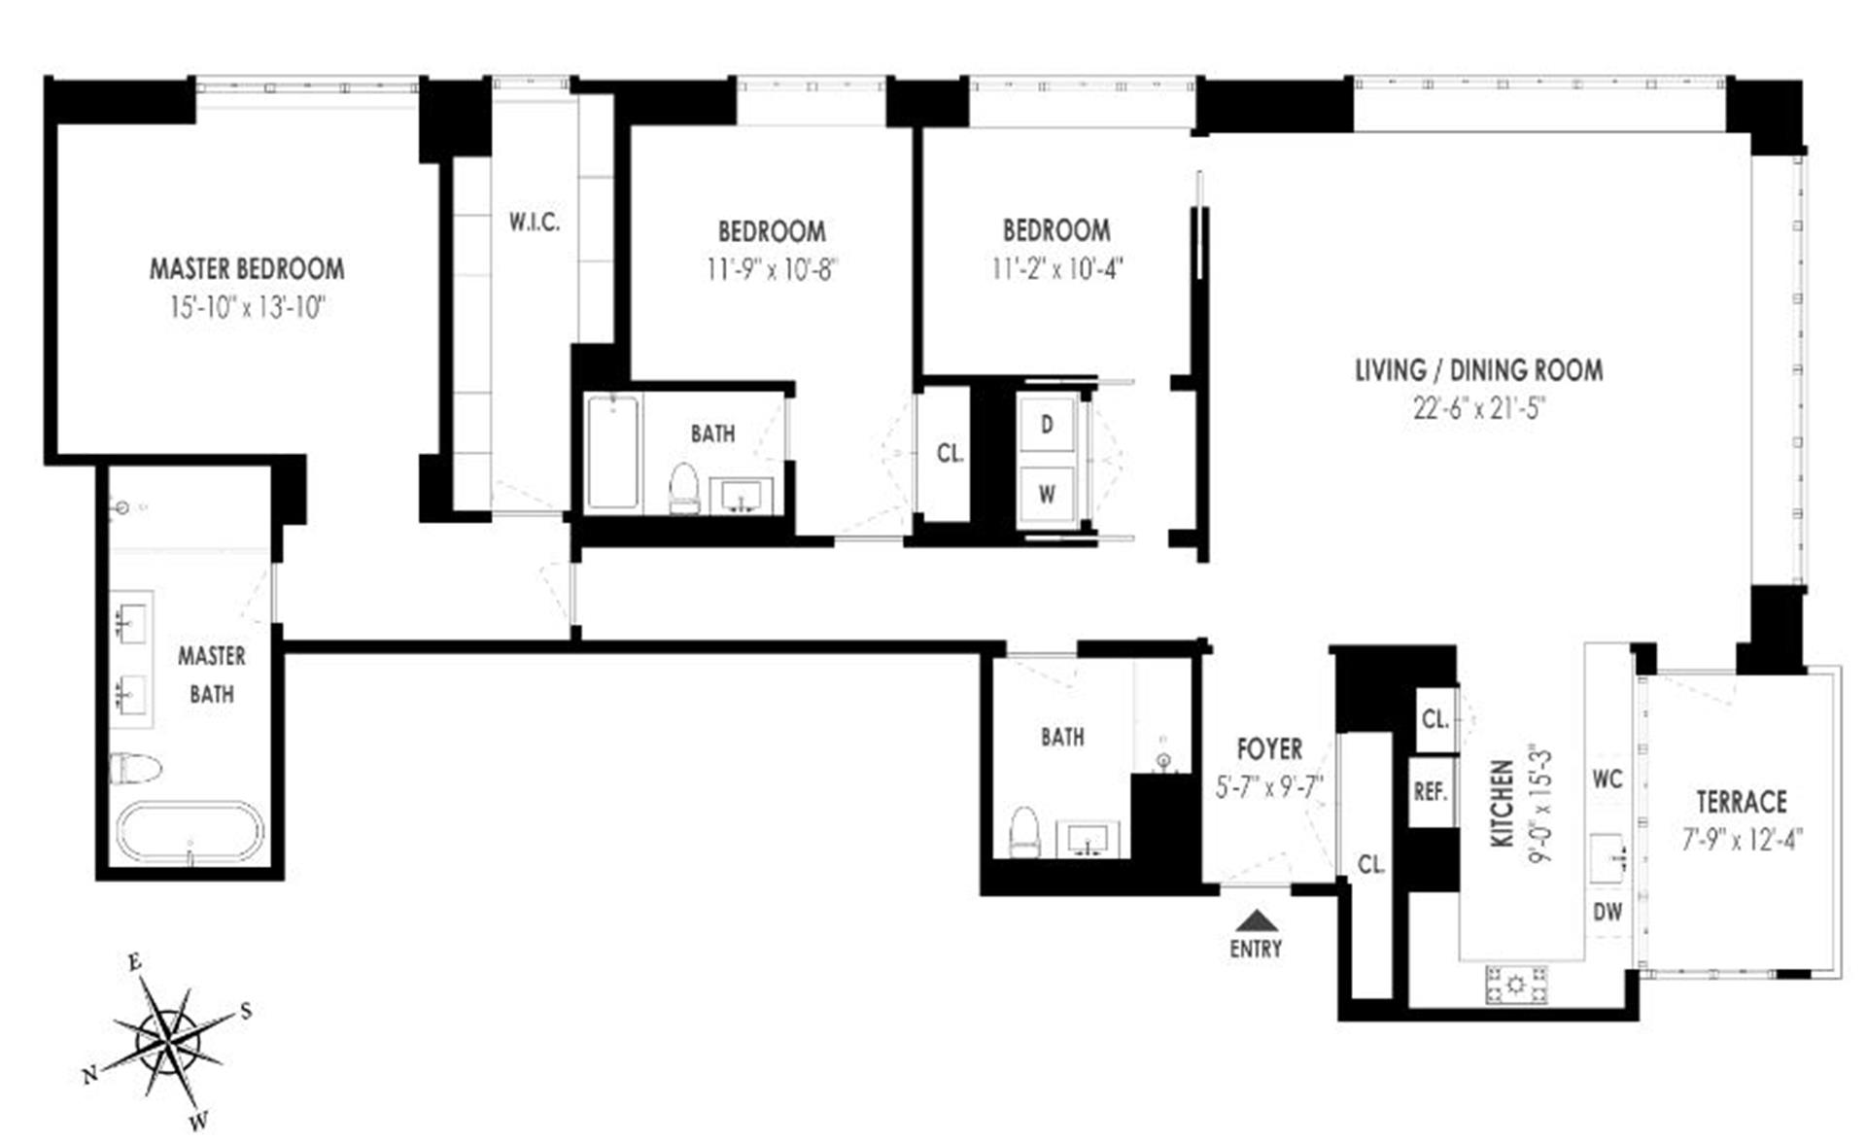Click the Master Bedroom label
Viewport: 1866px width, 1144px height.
246,268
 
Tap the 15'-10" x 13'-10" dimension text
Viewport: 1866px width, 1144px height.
246,308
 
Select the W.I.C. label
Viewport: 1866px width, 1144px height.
534,223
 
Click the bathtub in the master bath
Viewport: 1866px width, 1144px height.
190,832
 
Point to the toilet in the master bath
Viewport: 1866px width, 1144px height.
134,768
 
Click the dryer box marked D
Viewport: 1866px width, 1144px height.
1047,425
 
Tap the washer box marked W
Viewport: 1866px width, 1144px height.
1047,494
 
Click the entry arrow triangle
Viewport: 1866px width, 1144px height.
1256,919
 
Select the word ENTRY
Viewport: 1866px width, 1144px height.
1256,949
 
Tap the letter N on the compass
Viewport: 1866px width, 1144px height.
90,1074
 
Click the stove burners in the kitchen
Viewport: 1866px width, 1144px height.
1515,985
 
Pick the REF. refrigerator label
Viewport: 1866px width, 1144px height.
1431,792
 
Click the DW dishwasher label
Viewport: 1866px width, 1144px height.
1607,912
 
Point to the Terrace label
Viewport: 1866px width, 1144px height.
1741,802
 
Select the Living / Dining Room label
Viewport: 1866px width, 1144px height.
1478,370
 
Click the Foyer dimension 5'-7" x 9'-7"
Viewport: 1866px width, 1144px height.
1269,787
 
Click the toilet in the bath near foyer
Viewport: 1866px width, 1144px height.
1024,833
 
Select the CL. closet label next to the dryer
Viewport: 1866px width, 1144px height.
950,453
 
